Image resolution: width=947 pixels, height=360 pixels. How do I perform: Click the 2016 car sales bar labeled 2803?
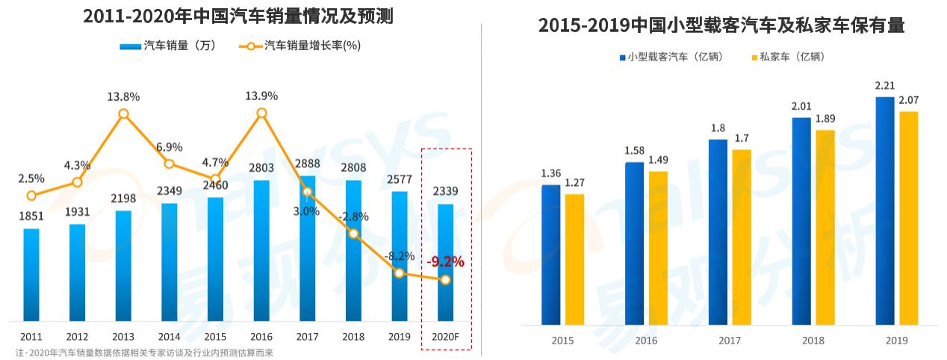[x=261, y=250]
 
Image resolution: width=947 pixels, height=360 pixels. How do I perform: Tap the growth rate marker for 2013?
[x=123, y=114]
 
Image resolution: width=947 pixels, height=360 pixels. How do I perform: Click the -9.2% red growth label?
[x=445, y=262]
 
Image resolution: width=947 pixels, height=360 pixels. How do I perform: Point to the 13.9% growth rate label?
[x=261, y=96]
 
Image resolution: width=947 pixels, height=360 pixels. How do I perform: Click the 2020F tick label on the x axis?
[x=445, y=337]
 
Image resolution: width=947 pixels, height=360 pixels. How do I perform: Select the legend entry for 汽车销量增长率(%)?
[x=302, y=46]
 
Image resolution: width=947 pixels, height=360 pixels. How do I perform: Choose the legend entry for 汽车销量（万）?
[x=168, y=46]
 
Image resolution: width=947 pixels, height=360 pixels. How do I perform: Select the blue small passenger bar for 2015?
[x=550, y=255]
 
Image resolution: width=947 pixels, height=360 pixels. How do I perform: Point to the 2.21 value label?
[x=884, y=86]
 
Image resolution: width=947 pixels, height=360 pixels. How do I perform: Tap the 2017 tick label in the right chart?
[x=730, y=341]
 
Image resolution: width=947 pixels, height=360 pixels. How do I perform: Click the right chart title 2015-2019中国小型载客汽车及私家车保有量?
[x=721, y=25]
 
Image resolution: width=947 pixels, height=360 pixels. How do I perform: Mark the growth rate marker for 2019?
[x=399, y=273]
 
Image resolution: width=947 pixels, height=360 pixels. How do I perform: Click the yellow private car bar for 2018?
[x=825, y=228]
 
